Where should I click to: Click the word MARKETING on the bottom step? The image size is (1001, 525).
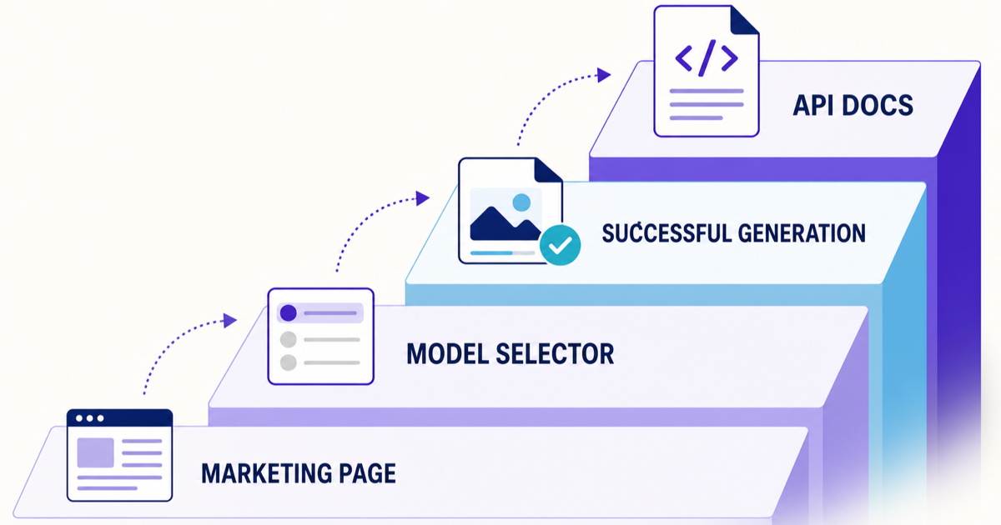[266, 473]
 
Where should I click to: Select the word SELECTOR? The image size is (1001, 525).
[555, 354]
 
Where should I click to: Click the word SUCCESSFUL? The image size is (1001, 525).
[666, 233]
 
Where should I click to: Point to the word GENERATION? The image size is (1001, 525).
[802, 233]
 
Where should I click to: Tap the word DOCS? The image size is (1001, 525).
[878, 105]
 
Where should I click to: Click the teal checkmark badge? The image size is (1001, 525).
[560, 245]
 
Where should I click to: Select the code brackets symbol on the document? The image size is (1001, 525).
[707, 58]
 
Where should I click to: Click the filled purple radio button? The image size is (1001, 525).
[289, 313]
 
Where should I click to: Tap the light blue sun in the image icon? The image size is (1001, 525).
[521, 202]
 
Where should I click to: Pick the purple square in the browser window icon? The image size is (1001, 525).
[96, 452]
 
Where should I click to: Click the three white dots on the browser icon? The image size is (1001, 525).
[90, 418]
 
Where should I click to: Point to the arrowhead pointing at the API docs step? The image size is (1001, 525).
[604, 75]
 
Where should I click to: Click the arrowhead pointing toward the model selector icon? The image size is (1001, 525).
[230, 321]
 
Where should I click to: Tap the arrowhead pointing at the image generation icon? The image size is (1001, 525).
[423, 198]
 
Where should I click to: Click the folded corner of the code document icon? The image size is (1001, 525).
[744, 20]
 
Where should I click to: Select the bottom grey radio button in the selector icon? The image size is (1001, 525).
[289, 362]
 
